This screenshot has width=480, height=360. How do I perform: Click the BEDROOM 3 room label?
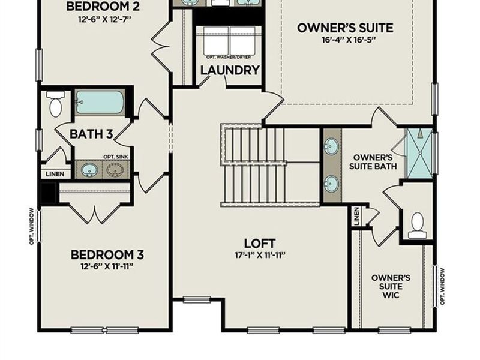tap(107, 254)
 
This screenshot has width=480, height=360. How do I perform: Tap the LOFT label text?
tap(260, 244)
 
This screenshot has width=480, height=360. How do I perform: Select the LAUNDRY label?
tap(230, 70)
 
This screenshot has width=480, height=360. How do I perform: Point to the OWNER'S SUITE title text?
tap(346, 28)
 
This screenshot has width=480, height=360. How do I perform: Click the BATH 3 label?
tap(91, 133)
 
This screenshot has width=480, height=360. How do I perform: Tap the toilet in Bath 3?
tap(55, 104)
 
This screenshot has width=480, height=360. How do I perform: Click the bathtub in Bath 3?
tap(100, 103)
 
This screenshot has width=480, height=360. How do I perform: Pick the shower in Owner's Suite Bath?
tap(419, 154)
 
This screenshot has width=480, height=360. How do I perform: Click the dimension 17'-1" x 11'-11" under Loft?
tap(260, 255)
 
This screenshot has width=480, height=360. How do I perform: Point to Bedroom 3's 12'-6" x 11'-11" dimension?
tap(107, 266)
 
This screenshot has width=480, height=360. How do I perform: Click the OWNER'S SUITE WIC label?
tap(391, 286)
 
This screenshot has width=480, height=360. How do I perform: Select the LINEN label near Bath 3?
tap(56, 173)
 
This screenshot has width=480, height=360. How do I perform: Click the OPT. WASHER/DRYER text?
tap(230, 57)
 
